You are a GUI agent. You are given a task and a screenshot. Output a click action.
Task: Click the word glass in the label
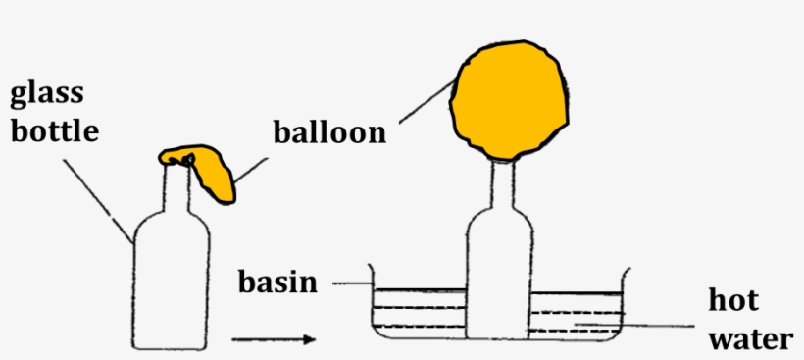tap(47, 95)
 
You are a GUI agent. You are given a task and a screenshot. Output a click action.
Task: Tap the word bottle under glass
tap(54, 130)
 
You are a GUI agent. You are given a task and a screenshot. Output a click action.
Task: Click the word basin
tap(278, 283)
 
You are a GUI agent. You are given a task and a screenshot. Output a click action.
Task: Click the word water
tap(749, 338)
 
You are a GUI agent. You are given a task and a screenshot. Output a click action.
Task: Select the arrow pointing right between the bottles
tap(274, 339)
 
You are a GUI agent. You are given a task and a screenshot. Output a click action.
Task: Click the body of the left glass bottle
tap(172, 284)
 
